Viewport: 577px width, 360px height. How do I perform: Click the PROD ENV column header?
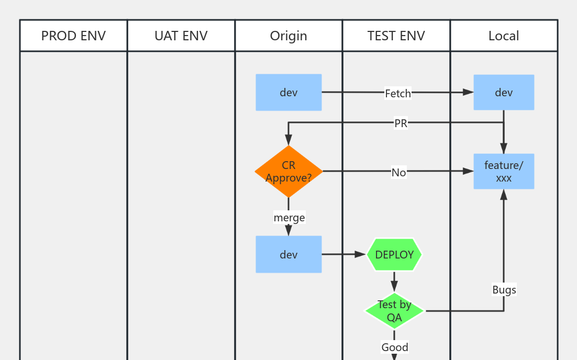[x=73, y=36]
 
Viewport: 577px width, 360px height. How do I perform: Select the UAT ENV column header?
[x=181, y=36]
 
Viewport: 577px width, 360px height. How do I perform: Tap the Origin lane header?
[x=288, y=36]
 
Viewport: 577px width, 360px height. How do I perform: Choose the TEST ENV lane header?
[x=396, y=36]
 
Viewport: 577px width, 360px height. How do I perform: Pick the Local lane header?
[x=504, y=36]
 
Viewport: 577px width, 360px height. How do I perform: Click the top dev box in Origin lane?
[x=288, y=93]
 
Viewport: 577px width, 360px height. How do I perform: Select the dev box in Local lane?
[x=504, y=93]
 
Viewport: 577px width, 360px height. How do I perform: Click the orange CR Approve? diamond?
[x=288, y=171]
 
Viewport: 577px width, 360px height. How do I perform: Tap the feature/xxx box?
[x=504, y=171]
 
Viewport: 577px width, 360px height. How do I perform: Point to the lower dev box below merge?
[x=288, y=254]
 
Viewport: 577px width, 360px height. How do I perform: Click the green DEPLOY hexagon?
[x=394, y=255]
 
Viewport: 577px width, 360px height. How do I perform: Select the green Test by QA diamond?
[x=394, y=311]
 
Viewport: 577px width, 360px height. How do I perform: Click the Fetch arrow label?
[x=398, y=93]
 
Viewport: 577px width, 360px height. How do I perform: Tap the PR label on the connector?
[x=401, y=123]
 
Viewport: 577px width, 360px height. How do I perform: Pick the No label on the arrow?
[x=398, y=172]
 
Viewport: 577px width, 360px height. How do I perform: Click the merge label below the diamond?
[x=289, y=217]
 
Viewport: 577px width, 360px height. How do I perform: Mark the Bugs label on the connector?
[x=504, y=290]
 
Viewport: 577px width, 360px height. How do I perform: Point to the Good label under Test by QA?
[x=395, y=347]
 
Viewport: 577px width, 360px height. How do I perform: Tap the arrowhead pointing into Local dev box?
[x=468, y=93]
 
